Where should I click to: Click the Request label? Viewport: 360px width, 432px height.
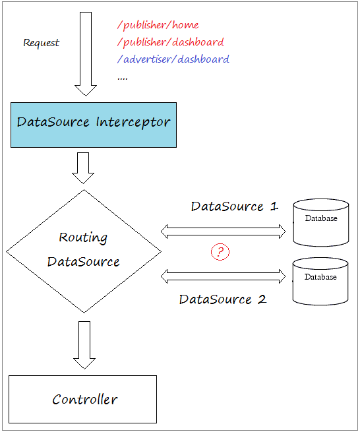[x=41, y=43]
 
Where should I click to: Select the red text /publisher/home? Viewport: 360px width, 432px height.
[x=158, y=25]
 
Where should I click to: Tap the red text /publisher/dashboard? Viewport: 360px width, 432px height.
[x=171, y=42]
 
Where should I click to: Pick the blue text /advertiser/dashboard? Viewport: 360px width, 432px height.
[x=173, y=59]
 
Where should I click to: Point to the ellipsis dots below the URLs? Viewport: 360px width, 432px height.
[x=122, y=79]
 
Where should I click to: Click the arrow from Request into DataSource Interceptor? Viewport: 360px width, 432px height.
[x=86, y=53]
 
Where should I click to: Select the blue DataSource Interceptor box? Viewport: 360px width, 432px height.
[x=94, y=125]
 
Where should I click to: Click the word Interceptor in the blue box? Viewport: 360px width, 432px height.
[x=133, y=123]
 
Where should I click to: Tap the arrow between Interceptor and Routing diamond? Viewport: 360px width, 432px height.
[x=83, y=168]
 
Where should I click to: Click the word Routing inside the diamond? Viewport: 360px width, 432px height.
[x=83, y=237]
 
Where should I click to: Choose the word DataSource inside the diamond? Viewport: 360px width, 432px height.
[x=84, y=262]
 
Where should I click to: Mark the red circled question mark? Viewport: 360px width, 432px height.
[x=220, y=251]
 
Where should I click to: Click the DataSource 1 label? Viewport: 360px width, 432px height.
[x=235, y=206]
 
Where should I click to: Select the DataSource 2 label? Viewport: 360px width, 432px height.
[x=223, y=299]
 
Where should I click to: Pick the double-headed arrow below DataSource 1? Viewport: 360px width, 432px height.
[x=223, y=231]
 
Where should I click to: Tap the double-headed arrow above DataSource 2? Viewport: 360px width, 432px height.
[x=223, y=276]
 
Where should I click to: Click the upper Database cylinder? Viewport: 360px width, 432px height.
[x=321, y=222]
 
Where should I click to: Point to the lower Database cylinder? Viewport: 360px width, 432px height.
[x=320, y=282]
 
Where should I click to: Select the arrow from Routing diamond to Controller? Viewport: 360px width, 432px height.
[x=84, y=345]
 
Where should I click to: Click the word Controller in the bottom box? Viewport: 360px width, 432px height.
[x=85, y=400]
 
